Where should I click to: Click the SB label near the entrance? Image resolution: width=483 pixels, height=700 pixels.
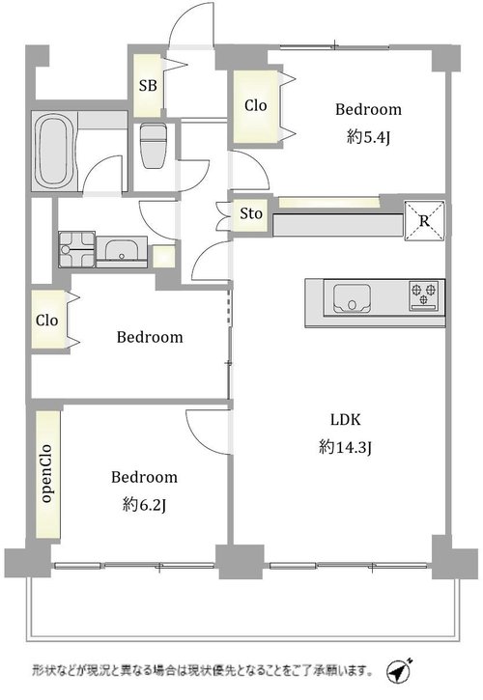pyautogui.click(x=148, y=85)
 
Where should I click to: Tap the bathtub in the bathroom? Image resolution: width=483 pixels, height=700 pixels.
pyautogui.click(x=54, y=152)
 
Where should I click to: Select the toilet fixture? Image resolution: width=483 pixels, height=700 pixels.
pyautogui.click(x=152, y=145)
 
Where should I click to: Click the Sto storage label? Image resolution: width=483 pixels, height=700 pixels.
pyautogui.click(x=250, y=213)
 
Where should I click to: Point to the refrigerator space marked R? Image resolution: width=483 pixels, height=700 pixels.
pyautogui.click(x=424, y=221)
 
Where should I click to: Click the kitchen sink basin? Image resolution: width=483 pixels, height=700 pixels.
pyautogui.click(x=352, y=298)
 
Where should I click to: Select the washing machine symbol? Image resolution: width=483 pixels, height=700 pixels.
pyautogui.click(x=77, y=249)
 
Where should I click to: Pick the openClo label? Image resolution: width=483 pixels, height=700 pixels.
pyautogui.click(x=46, y=474)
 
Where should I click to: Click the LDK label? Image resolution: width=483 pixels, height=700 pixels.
pyautogui.click(x=346, y=420)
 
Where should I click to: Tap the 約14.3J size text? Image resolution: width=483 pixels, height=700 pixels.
pyautogui.click(x=346, y=447)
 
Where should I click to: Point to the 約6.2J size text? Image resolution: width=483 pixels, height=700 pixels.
pyautogui.click(x=144, y=505)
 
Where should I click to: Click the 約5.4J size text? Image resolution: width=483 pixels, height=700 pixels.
pyautogui.click(x=368, y=137)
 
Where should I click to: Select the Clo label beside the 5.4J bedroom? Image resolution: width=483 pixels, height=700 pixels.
pyautogui.click(x=256, y=106)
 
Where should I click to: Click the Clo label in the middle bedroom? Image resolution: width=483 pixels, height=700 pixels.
pyautogui.click(x=47, y=321)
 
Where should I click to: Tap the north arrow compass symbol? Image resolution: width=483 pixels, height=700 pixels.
pyautogui.click(x=399, y=670)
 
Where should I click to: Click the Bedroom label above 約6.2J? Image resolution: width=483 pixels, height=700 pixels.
pyautogui.click(x=144, y=477)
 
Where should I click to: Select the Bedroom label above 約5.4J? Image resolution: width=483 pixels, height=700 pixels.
pyautogui.click(x=369, y=109)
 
